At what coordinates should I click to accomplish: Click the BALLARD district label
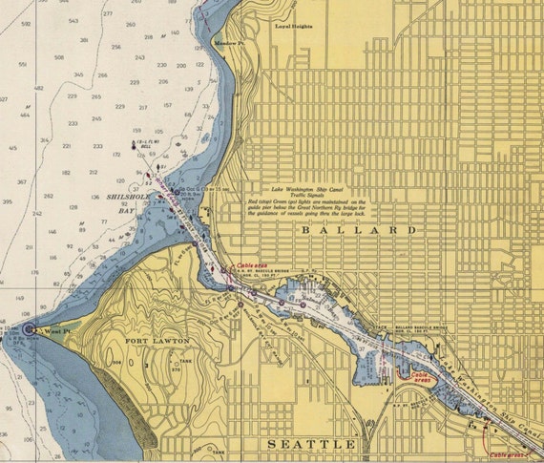point(358,231)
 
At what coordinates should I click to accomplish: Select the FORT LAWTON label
point(157,340)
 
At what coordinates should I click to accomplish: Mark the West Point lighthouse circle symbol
point(29,328)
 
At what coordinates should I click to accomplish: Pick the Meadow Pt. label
point(230,44)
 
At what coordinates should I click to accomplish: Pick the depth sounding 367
point(22,181)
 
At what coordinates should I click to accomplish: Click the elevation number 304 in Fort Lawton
point(143,364)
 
